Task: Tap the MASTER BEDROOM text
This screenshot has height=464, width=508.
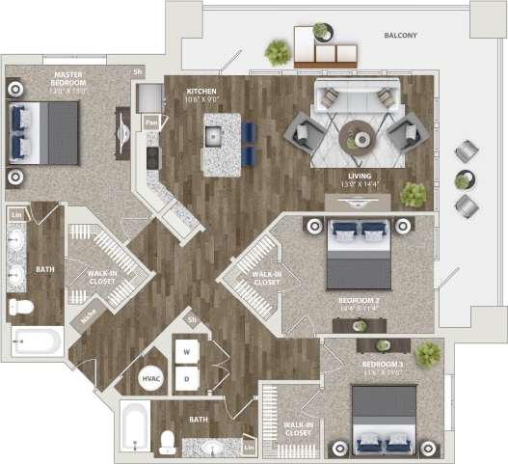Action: coord(68,79)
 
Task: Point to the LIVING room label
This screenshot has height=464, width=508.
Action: coord(358,177)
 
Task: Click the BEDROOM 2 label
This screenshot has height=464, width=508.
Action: coord(358,304)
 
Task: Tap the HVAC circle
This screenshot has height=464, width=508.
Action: coord(151,380)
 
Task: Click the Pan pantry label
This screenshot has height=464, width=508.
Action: coord(151,123)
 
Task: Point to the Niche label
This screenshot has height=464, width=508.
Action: coord(88,314)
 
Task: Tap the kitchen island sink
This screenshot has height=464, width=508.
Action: coord(214,137)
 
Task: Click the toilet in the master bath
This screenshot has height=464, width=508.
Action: coord(20,307)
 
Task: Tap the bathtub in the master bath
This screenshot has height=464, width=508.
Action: coord(37,341)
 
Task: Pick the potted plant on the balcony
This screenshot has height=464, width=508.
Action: coord(278,52)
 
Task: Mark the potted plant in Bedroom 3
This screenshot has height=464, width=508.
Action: coord(427,353)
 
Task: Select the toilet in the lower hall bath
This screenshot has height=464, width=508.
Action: coord(167,442)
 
